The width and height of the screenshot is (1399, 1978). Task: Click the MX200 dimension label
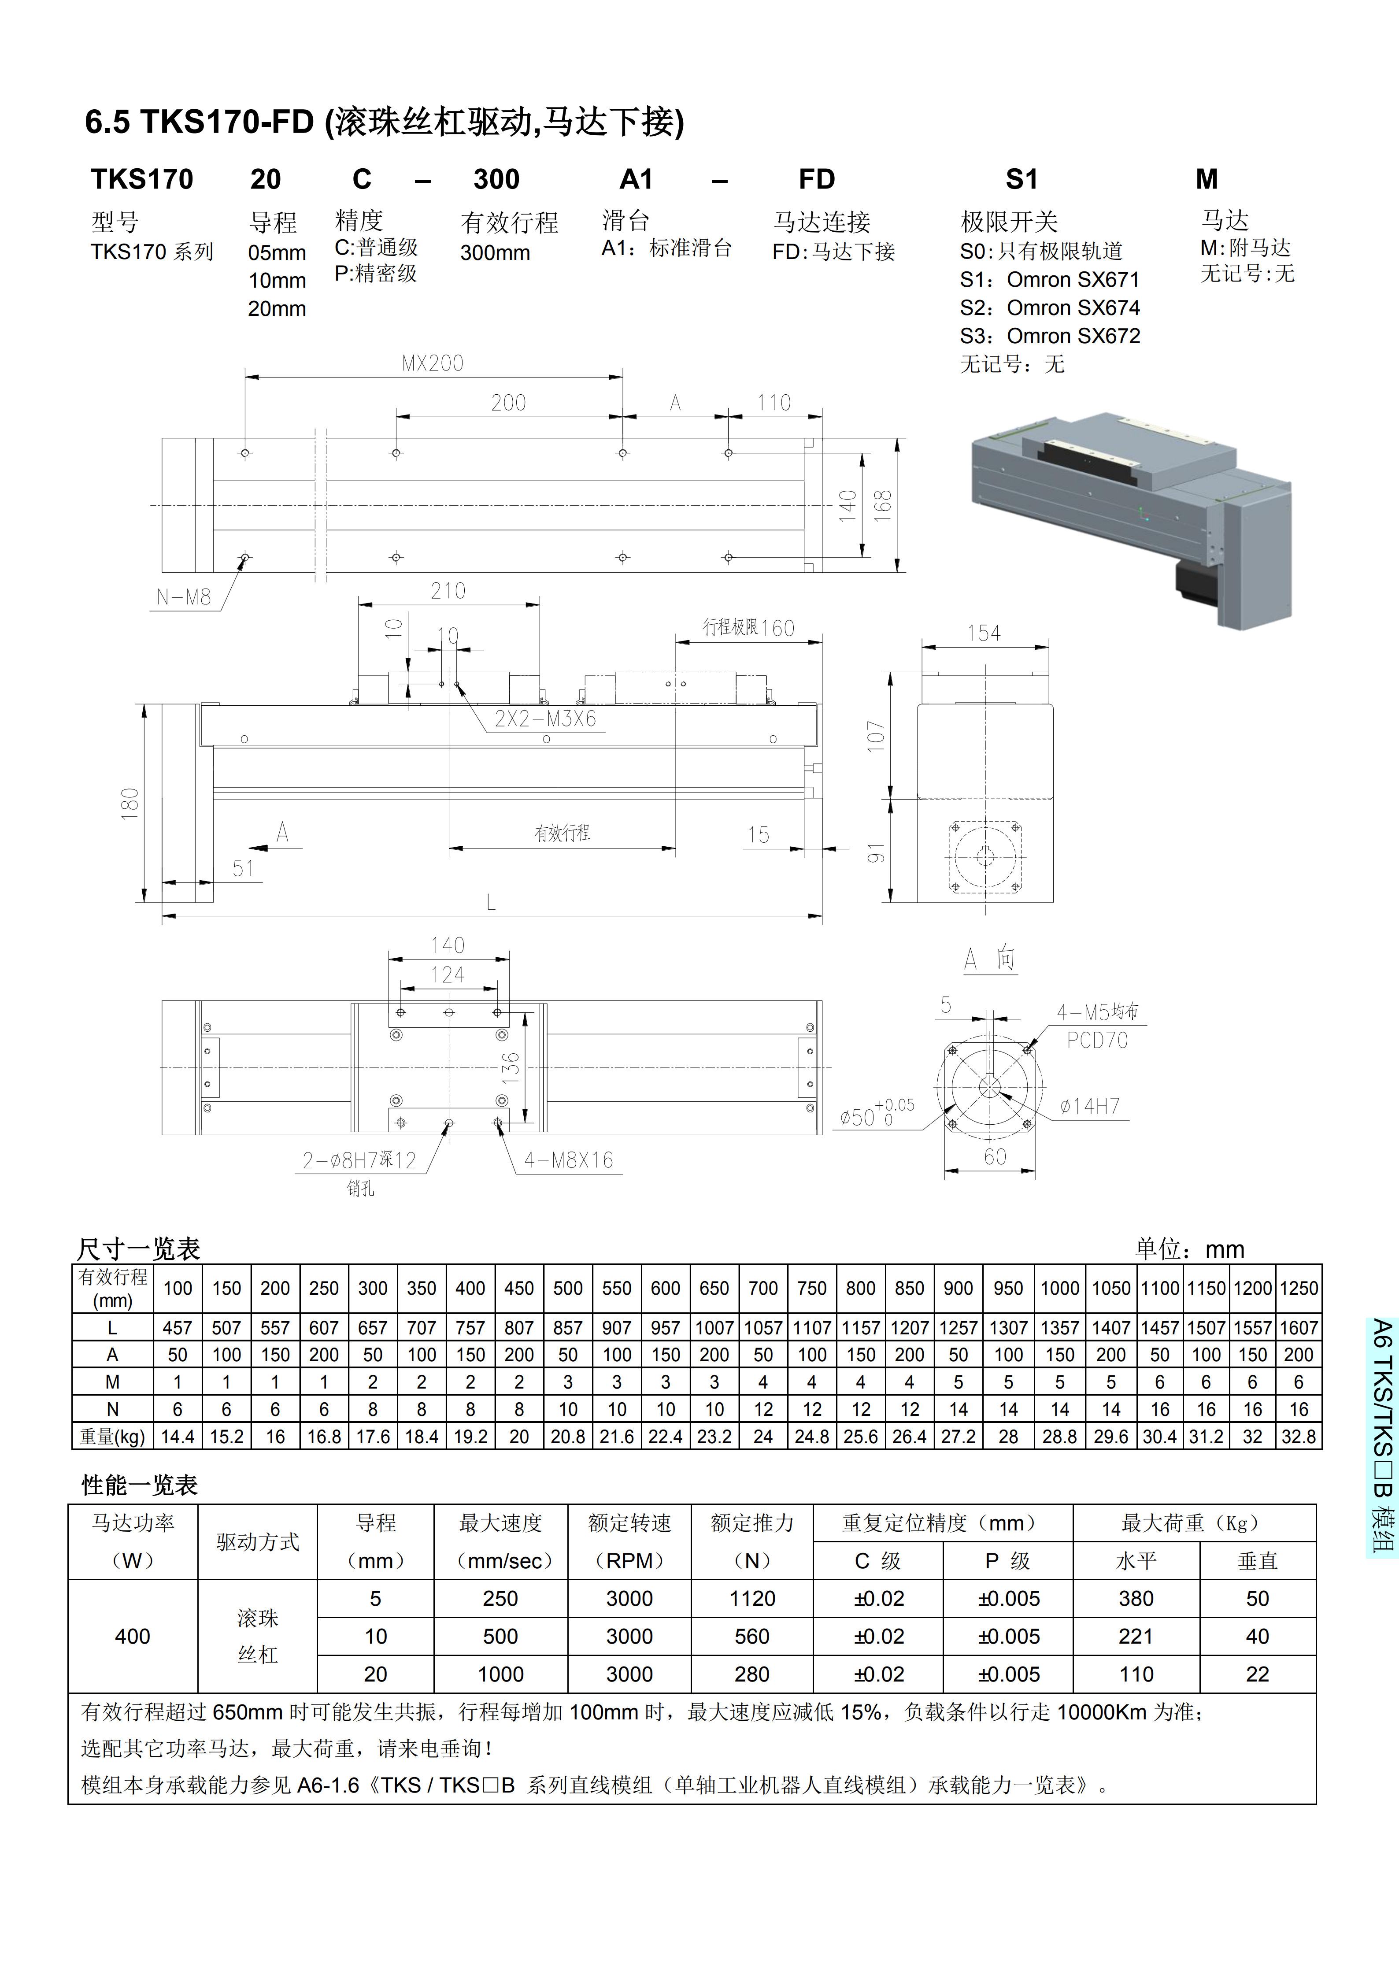click(x=433, y=363)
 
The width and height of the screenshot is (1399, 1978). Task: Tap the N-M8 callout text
click(x=184, y=597)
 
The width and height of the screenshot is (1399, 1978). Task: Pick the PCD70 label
click(x=1097, y=1041)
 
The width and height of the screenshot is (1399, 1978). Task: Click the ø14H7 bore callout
click(x=1090, y=1106)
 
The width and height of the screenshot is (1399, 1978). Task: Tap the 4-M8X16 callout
click(x=569, y=1160)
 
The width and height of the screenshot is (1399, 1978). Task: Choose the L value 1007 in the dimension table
click(x=714, y=1328)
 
